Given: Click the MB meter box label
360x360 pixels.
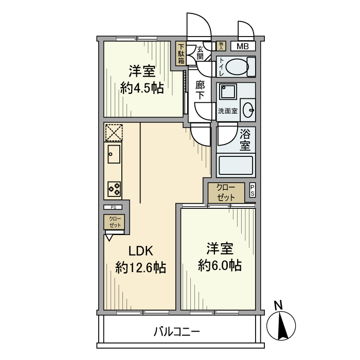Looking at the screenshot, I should pyautogui.click(x=243, y=46).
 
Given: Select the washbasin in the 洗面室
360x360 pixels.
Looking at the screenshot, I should pyautogui.click(x=248, y=110).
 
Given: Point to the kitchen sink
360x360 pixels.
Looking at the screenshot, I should pyautogui.click(x=114, y=154).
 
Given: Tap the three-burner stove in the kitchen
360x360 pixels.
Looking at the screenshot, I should pyautogui.click(x=114, y=189).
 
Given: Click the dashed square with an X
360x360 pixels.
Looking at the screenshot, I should pyautogui.click(x=113, y=132).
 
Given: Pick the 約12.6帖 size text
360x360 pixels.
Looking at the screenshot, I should pyautogui.click(x=140, y=268).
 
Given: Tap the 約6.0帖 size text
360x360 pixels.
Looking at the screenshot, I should pyautogui.click(x=220, y=265).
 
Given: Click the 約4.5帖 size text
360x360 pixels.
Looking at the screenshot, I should pyautogui.click(x=142, y=88).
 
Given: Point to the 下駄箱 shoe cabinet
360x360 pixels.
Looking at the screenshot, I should pyautogui.click(x=181, y=53).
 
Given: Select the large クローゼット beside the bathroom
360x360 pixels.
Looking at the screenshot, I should pyautogui.click(x=226, y=193).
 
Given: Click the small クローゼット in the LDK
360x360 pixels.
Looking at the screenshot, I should pyautogui.click(x=114, y=222).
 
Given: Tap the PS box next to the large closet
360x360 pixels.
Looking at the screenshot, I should pyautogui.click(x=252, y=190).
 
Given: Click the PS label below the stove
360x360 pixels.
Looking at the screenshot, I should pyautogui.click(x=113, y=207).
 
